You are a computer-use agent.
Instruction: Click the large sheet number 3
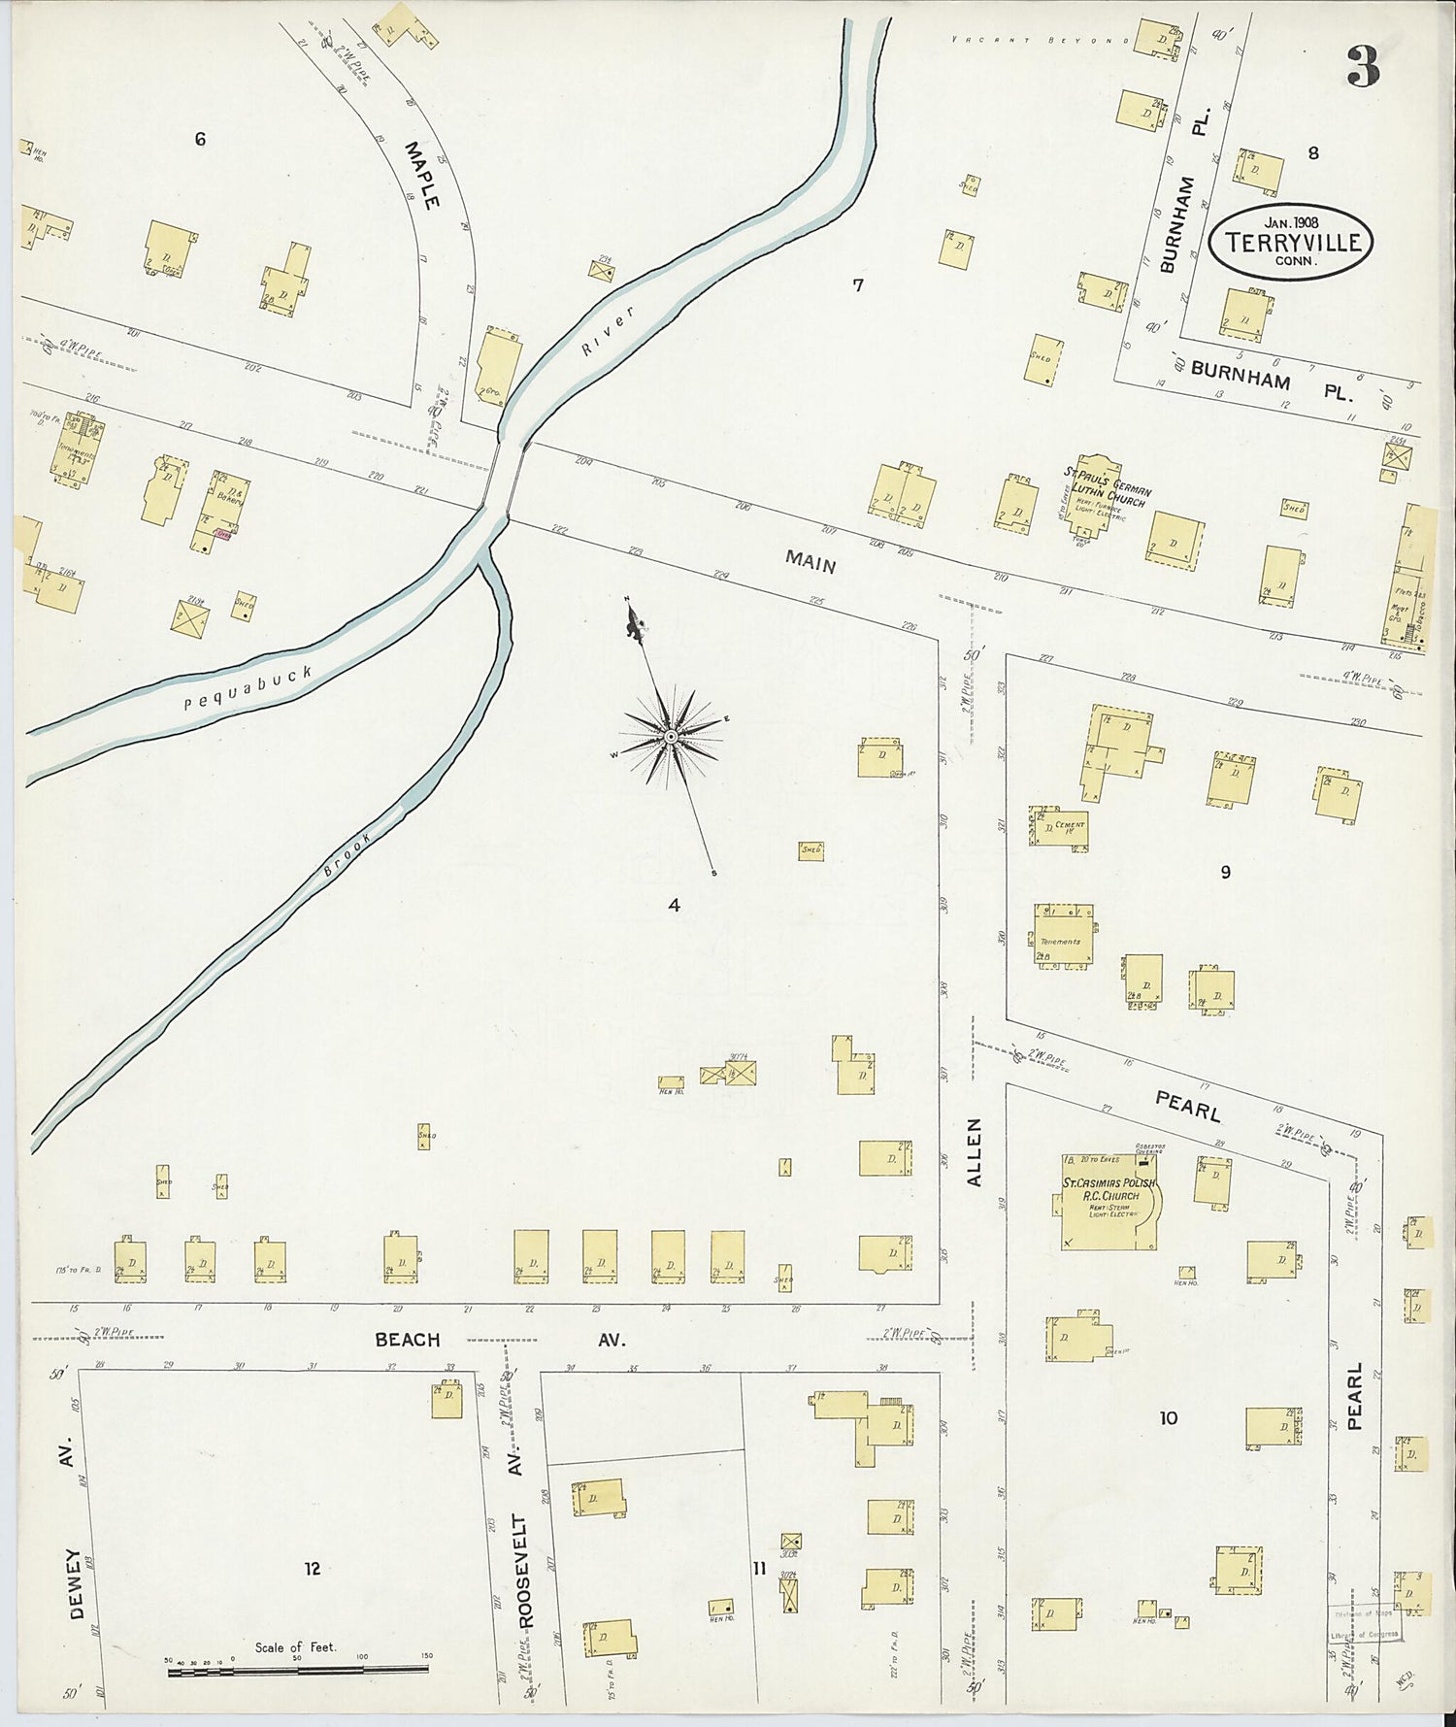[x=1363, y=66]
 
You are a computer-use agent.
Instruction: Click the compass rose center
[x=671, y=738]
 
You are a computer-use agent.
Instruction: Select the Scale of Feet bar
[x=298, y=1671]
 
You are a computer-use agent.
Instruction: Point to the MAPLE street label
[x=423, y=175]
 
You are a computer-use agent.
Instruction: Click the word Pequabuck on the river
[x=248, y=688]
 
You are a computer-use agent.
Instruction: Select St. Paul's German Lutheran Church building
[x=1093, y=497]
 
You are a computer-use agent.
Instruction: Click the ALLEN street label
[x=975, y=1151]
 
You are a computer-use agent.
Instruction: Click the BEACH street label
[x=408, y=1340]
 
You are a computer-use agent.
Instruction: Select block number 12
[x=312, y=1568]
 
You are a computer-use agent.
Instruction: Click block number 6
[x=200, y=139]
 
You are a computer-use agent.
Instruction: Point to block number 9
[x=1225, y=872]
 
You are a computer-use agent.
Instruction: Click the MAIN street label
[x=811, y=560]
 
